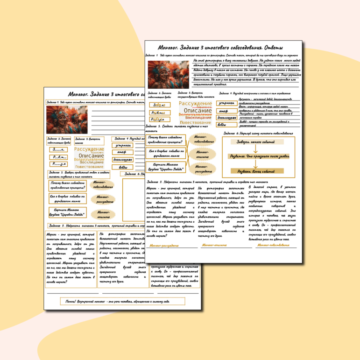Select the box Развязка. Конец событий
point(254,171)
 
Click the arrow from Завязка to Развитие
point(254,149)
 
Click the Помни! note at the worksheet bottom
point(123,300)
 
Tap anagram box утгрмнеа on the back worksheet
point(122,145)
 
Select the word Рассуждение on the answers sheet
point(196,103)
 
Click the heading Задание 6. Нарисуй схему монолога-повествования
point(258,133)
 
